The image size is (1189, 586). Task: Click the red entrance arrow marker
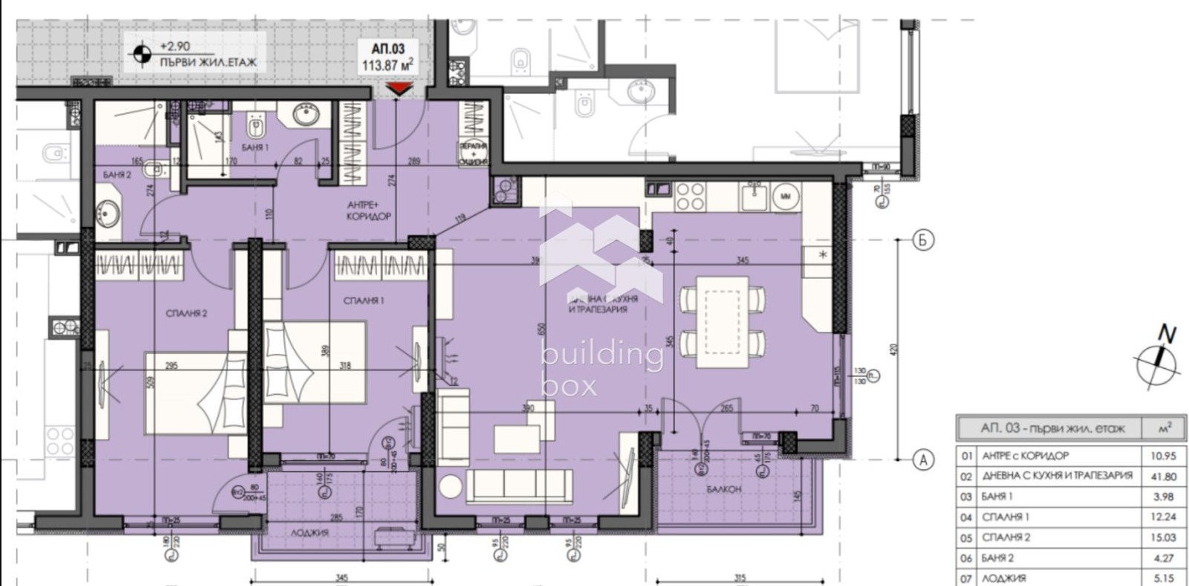[x=400, y=90]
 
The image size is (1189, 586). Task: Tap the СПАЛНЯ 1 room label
[x=363, y=301]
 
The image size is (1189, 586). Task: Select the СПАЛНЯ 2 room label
[x=187, y=314]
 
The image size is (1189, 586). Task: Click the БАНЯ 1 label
[x=255, y=148]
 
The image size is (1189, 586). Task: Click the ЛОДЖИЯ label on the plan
[x=311, y=532]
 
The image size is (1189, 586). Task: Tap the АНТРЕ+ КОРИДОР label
[x=369, y=210]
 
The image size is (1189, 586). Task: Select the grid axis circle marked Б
[x=923, y=240]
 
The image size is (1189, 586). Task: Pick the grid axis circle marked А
[x=923, y=460]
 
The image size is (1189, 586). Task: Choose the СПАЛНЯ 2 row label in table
[x=1005, y=537]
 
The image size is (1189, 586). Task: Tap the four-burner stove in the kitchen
[x=690, y=196]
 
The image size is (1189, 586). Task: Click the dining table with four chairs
[x=723, y=321]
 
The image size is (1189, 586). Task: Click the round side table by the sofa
[x=450, y=487]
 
